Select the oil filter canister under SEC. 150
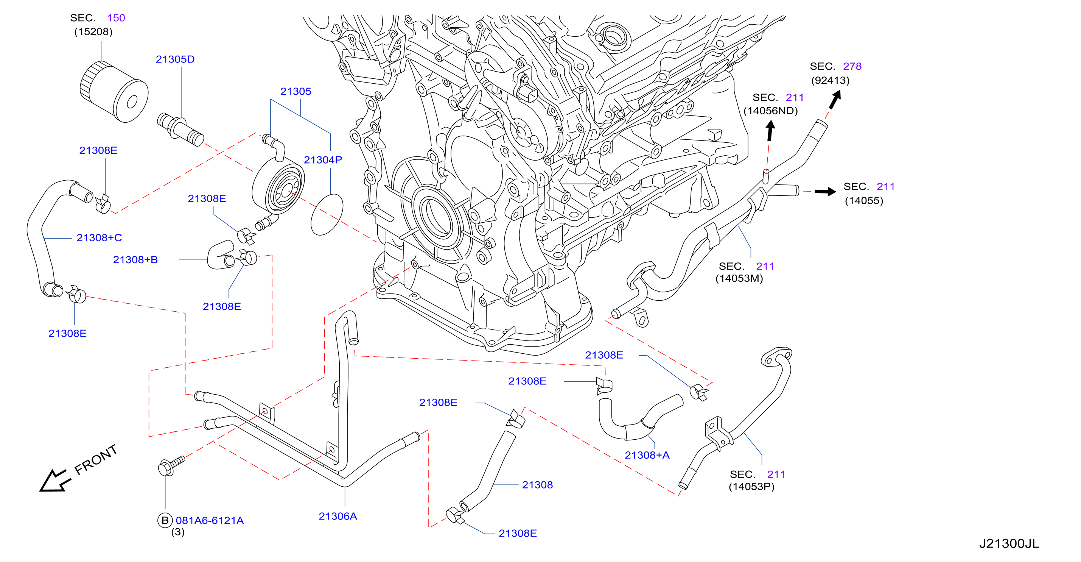(x=114, y=92)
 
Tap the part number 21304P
(x=323, y=160)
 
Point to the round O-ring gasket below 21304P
(x=327, y=214)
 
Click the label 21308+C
(x=99, y=238)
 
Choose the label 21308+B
(x=135, y=260)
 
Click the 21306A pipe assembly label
(x=338, y=516)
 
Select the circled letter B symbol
(x=165, y=520)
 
